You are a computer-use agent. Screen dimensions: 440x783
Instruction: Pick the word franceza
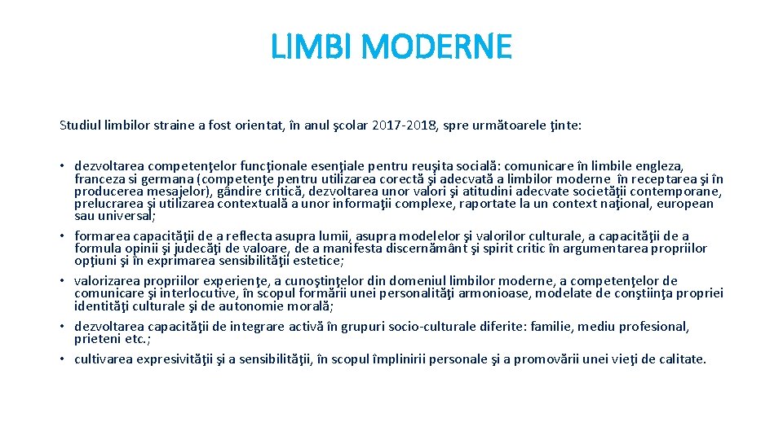100,179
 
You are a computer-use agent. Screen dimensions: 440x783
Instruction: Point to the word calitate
679,359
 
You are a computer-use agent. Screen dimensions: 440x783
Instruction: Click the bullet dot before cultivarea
62,359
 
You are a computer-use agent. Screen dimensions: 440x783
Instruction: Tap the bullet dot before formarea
62,236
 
